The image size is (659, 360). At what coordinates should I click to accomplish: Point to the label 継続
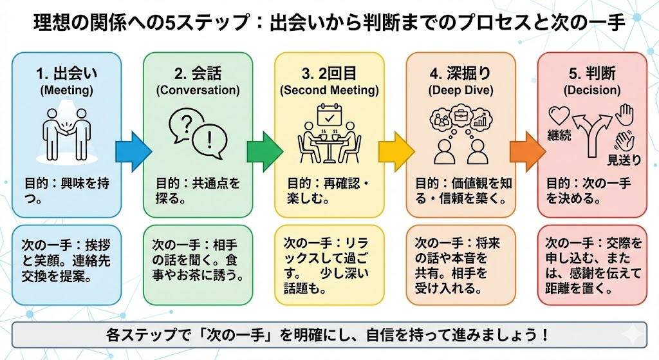559,136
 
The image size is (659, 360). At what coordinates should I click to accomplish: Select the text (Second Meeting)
329,91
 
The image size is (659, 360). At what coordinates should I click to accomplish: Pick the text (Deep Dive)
461,91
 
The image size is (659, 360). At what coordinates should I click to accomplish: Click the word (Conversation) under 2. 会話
198,91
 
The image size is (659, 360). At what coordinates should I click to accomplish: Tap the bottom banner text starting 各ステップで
329,336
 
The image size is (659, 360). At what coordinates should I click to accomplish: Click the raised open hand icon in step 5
623,115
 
